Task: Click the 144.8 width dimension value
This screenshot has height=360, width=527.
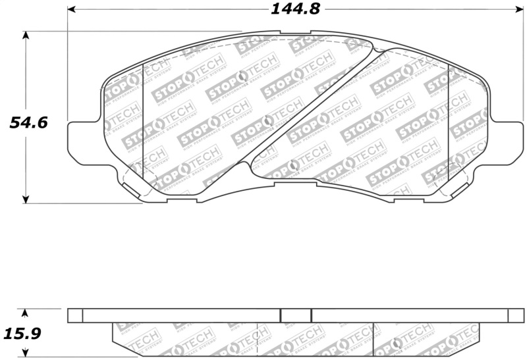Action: [x=292, y=9]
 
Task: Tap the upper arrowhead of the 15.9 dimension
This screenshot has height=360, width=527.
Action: [x=26, y=312]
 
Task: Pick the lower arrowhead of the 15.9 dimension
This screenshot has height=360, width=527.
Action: [x=26, y=355]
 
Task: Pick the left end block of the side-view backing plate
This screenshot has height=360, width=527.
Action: [x=76, y=316]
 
